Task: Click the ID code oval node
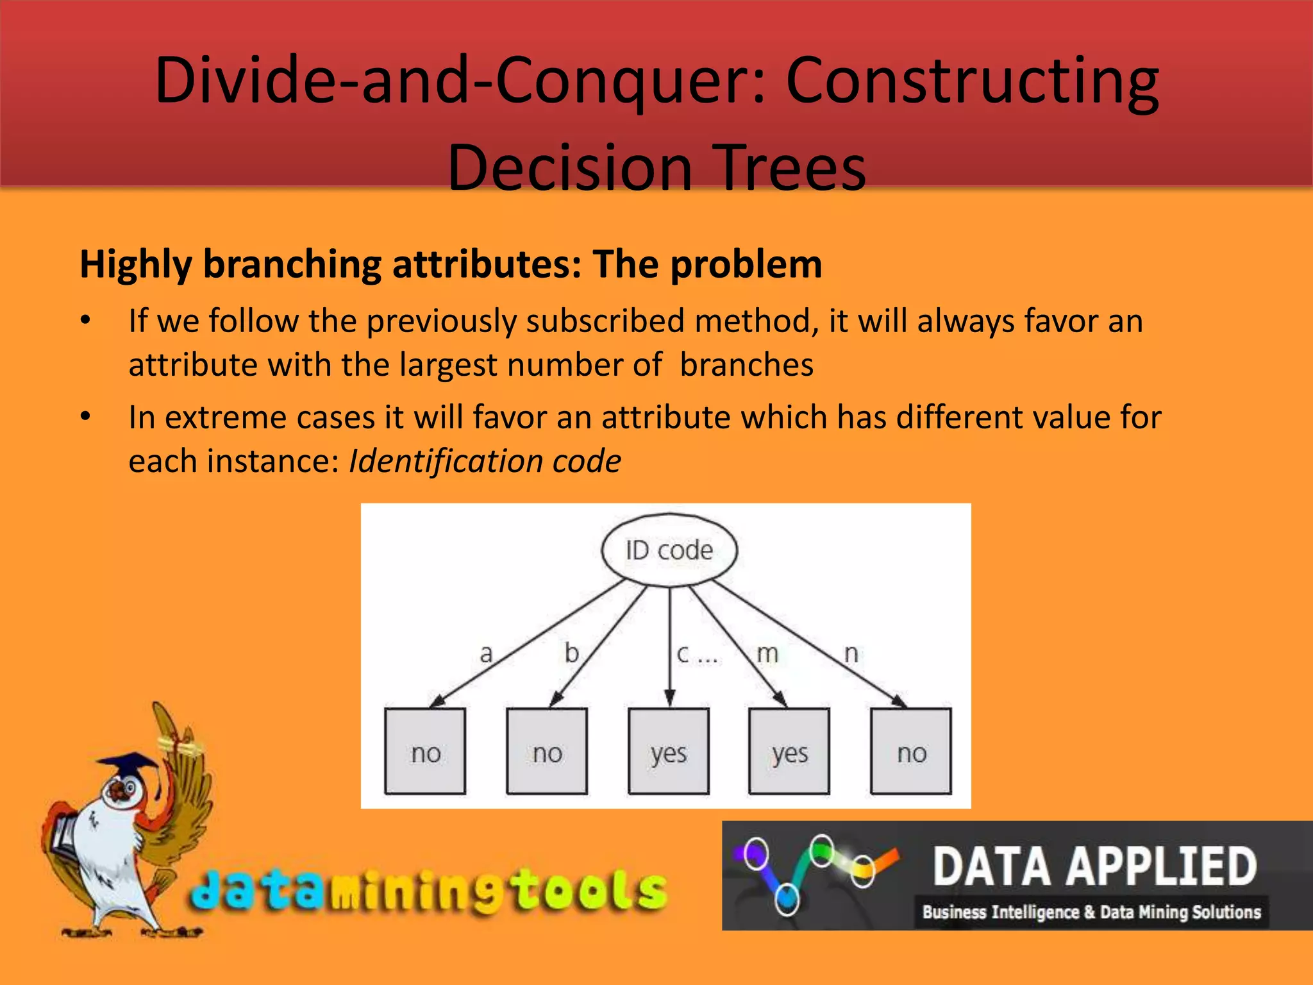(669, 550)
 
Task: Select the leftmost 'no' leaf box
(425, 752)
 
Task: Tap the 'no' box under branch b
(547, 752)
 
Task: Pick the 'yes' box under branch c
(669, 752)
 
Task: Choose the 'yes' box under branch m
(789, 752)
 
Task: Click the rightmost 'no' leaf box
(911, 752)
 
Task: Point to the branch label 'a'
(486, 653)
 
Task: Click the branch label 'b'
(571, 653)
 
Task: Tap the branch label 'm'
(767, 653)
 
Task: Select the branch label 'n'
(851, 653)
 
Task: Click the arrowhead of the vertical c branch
(669, 698)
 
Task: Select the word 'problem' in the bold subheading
(746, 264)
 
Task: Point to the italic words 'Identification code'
(485, 460)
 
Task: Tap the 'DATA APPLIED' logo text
(1095, 866)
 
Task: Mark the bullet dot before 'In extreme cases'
(85, 417)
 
